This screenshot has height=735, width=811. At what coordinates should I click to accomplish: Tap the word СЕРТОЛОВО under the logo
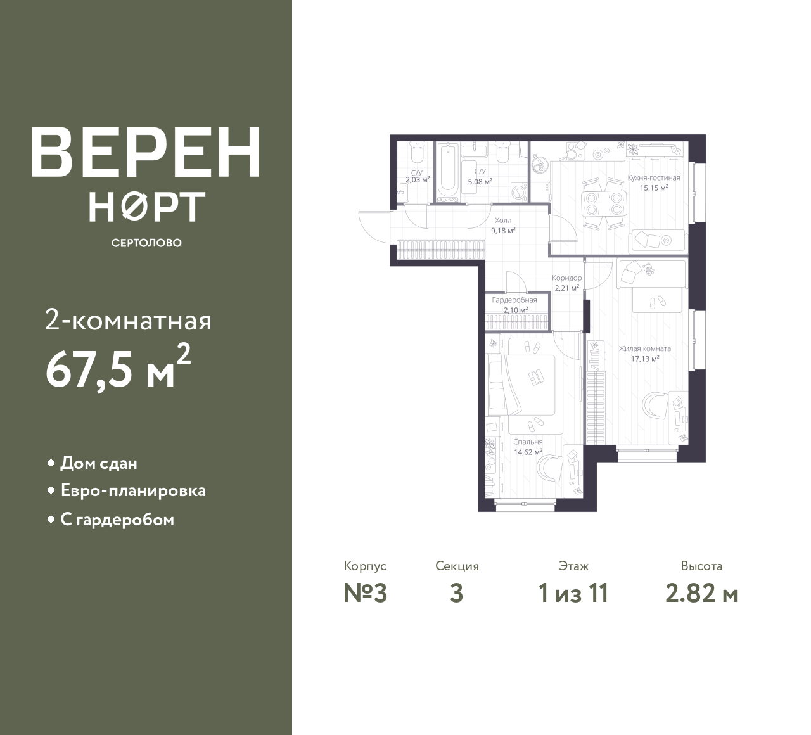coord(146,243)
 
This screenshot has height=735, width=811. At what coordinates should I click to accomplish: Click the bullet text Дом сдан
coord(99,463)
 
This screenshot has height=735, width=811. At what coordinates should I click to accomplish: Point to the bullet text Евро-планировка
coord(133,491)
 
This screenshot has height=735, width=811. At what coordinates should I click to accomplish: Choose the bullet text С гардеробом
coord(117,520)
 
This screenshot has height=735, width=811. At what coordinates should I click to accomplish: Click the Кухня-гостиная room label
coord(654,178)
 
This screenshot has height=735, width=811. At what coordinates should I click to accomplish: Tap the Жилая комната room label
coord(645,348)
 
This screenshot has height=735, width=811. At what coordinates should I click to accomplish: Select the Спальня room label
coord(528,442)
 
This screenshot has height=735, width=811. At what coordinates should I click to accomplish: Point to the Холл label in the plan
coord(503,220)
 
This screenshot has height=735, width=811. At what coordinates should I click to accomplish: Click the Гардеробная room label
coord(514,300)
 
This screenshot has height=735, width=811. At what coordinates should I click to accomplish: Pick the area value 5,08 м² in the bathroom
coord(480,182)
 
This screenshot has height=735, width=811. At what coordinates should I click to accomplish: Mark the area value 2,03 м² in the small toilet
coord(418,180)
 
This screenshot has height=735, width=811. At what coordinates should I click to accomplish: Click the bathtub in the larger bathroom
coord(448,172)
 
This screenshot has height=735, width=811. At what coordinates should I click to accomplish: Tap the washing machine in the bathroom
coord(519,191)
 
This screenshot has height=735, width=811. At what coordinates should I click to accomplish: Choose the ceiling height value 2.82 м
coord(701,594)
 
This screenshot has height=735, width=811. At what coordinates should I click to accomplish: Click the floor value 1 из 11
coord(573,594)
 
